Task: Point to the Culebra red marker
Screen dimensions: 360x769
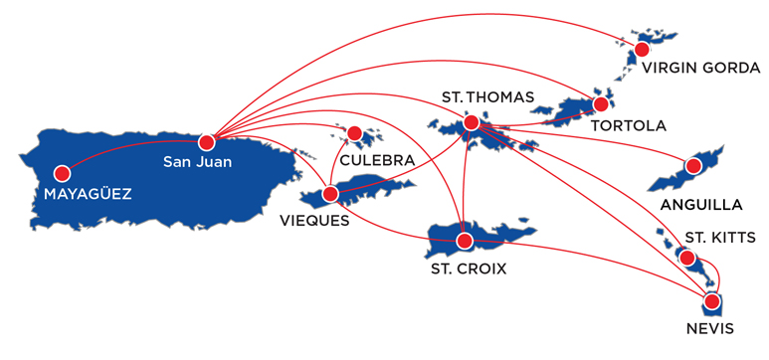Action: [x=354, y=132]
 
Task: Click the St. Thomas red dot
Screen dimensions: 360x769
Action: [x=471, y=123]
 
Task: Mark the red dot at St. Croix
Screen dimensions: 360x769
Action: [x=464, y=241]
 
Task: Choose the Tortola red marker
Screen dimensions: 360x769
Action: [x=601, y=103]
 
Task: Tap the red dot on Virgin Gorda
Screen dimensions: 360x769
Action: [x=642, y=48]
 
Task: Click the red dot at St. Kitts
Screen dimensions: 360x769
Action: [x=686, y=259]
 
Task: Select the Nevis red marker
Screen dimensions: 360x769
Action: [x=711, y=300]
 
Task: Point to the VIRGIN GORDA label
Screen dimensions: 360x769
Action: [x=701, y=70]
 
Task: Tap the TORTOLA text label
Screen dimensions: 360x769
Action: [x=627, y=126]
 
